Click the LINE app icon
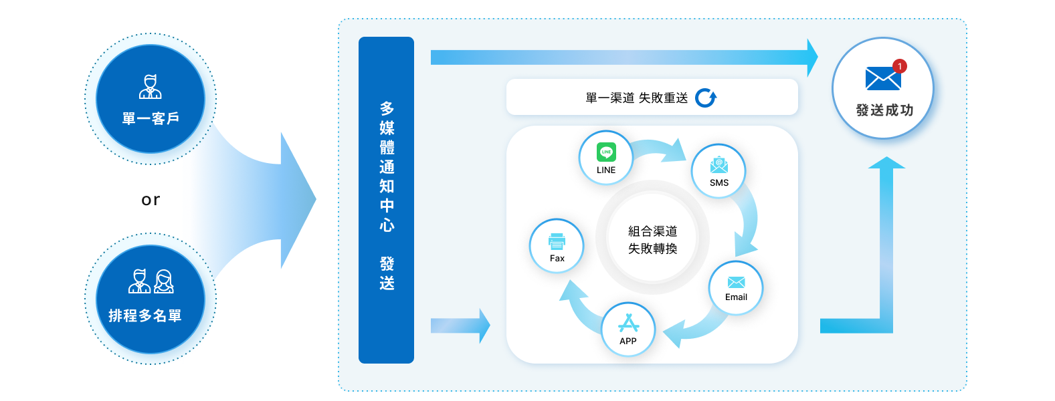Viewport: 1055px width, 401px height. point(606,152)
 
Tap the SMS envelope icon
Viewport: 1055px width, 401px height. point(719,165)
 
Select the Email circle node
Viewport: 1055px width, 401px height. point(736,288)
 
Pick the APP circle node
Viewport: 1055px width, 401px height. point(628,329)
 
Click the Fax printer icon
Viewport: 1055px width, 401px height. point(557,241)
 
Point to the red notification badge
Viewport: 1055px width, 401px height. point(900,66)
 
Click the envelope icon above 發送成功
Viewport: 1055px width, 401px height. point(882,79)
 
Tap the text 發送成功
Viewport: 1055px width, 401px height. point(884,110)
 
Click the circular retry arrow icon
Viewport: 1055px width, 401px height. point(706,98)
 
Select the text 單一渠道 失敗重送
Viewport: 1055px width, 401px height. point(636,98)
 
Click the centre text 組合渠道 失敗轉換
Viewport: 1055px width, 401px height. point(652,239)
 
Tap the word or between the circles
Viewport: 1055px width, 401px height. point(151,199)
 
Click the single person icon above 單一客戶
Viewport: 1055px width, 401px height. point(151,87)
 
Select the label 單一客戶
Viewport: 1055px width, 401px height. point(151,119)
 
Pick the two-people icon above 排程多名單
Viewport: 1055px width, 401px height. point(151,281)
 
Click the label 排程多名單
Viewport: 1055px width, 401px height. point(145,315)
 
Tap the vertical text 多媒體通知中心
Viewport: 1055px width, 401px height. point(387,166)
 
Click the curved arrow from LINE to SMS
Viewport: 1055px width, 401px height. point(659,149)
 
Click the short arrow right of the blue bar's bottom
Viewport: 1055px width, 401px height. point(460,326)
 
